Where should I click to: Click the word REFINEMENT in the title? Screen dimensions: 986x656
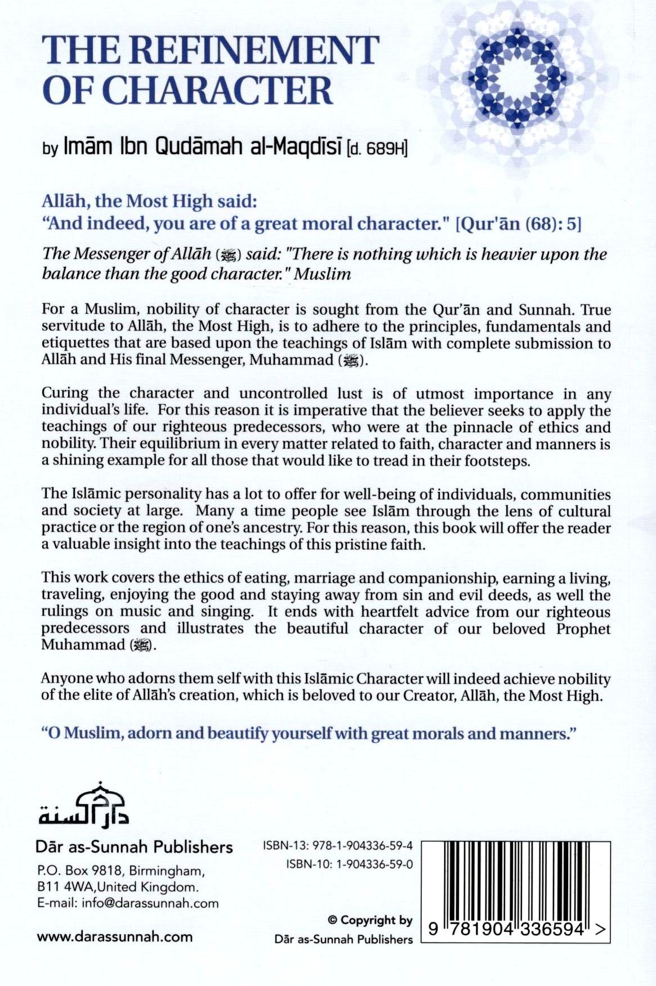pos(256,50)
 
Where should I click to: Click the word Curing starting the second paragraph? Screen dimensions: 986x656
pos(65,393)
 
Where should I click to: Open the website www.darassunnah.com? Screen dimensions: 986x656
pos(114,937)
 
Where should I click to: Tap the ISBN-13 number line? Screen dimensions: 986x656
pos(338,846)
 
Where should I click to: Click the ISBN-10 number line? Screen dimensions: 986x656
pos(349,864)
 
